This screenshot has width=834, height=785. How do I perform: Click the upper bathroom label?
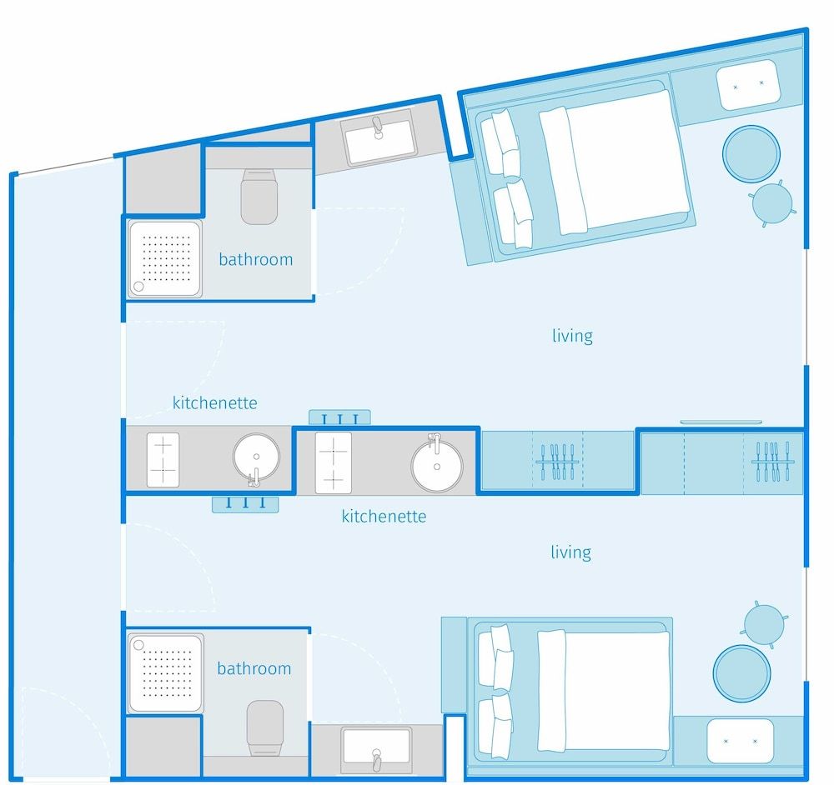(256, 259)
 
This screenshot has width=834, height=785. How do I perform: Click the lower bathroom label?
(254, 668)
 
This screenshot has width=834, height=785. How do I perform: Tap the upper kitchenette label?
(215, 402)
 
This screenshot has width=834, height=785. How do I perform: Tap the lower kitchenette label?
(384, 516)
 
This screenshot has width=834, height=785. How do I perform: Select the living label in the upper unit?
(572, 335)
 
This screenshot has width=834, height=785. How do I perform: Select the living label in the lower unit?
(570, 552)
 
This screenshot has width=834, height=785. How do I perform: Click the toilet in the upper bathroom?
(259, 196)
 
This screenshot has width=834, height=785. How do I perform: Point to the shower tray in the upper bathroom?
(165, 259)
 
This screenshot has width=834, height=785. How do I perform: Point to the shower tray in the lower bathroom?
(165, 673)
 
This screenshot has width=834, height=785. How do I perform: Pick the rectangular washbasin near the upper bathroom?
(379, 137)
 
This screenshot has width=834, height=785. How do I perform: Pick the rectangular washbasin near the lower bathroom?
(377, 750)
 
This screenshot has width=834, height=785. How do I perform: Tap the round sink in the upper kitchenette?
(256, 457)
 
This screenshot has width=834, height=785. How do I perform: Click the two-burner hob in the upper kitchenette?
(163, 460)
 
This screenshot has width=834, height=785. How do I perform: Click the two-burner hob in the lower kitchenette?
(334, 463)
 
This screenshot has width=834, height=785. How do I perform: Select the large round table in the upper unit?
(751, 153)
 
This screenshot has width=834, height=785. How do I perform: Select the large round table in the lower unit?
(741, 673)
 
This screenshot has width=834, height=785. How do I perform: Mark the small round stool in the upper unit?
(772, 203)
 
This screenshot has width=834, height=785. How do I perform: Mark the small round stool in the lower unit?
(764, 625)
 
